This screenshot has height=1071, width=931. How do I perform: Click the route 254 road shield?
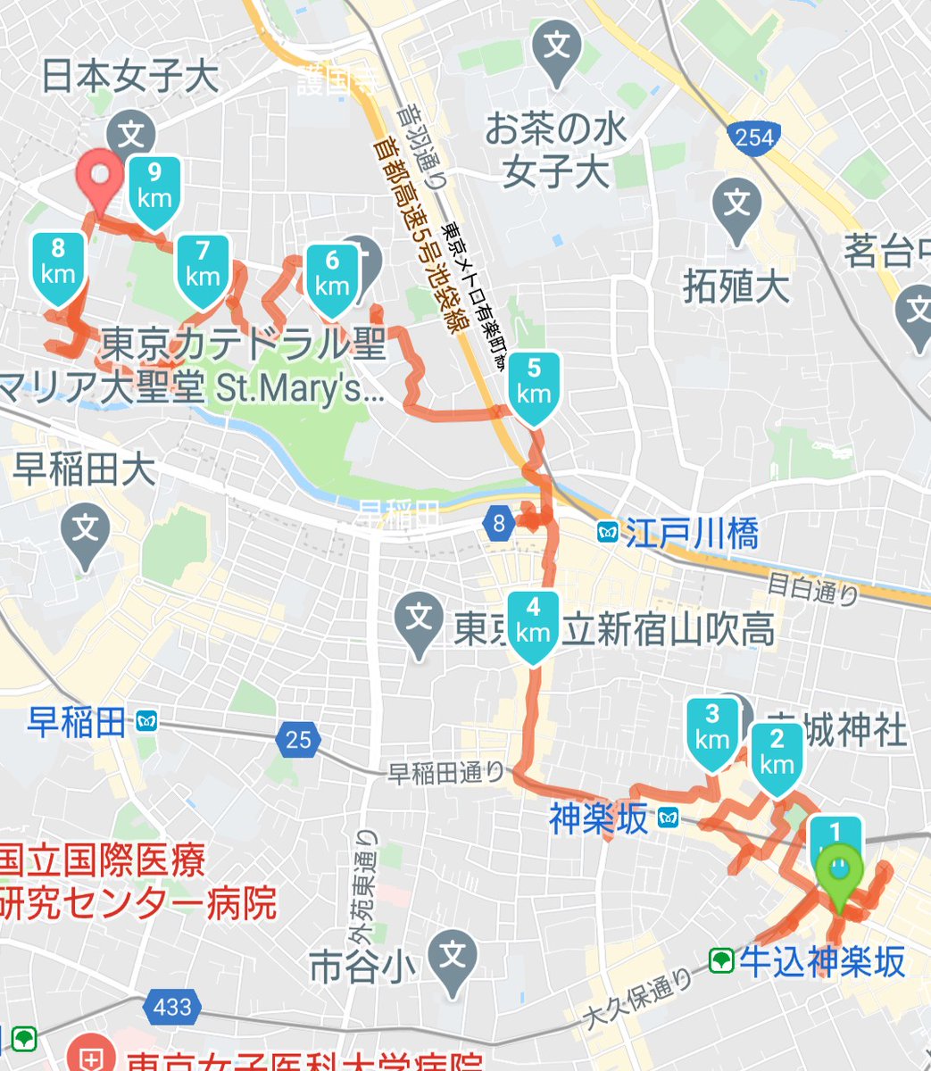752,137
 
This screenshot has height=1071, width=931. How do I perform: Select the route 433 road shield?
171,1008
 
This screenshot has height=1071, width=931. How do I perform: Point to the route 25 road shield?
299,739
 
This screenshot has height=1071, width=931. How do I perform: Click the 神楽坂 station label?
598,818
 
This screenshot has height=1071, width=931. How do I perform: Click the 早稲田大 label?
85,471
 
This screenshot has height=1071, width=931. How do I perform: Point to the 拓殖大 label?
736,286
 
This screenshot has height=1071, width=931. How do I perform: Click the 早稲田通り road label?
446,773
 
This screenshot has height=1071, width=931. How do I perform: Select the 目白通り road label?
813,590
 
